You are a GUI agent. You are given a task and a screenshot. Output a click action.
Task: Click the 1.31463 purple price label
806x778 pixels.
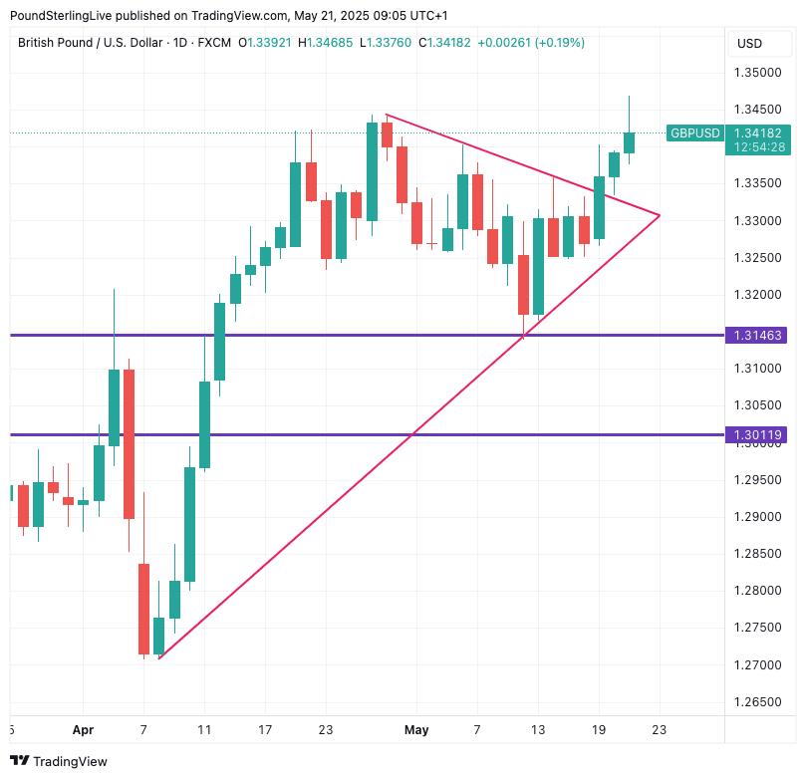pyautogui.click(x=757, y=336)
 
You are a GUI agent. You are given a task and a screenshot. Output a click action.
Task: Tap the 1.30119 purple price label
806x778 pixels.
pyautogui.click(x=757, y=434)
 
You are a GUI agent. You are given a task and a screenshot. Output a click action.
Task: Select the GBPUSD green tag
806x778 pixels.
pyautogui.click(x=694, y=132)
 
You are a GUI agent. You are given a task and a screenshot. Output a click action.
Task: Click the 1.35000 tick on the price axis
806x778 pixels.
pyautogui.click(x=757, y=73)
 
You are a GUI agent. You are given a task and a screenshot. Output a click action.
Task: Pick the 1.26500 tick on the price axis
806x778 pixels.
pyautogui.click(x=757, y=701)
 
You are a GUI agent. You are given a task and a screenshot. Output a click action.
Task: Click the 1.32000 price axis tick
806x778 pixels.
pyautogui.click(x=757, y=295)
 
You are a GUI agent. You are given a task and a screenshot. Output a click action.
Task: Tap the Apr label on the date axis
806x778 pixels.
pyautogui.click(x=83, y=730)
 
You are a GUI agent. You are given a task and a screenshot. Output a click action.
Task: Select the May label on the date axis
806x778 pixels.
pyautogui.click(x=416, y=730)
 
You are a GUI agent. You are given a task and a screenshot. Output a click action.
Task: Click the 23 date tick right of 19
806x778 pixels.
pyautogui.click(x=659, y=730)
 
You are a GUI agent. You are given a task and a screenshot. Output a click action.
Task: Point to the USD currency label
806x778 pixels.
pyautogui.click(x=749, y=43)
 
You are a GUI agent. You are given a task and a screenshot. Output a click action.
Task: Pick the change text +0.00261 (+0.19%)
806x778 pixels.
pyautogui.click(x=531, y=43)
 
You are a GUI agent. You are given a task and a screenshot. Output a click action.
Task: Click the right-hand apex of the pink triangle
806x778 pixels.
pyautogui.click(x=660, y=215)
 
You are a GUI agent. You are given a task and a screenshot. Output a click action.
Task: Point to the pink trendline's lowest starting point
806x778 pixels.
pyautogui.click(x=158, y=657)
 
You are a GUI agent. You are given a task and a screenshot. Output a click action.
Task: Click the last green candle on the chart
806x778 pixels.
pyautogui.click(x=629, y=142)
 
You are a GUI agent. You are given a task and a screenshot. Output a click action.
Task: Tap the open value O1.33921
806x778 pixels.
pyautogui.click(x=267, y=43)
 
